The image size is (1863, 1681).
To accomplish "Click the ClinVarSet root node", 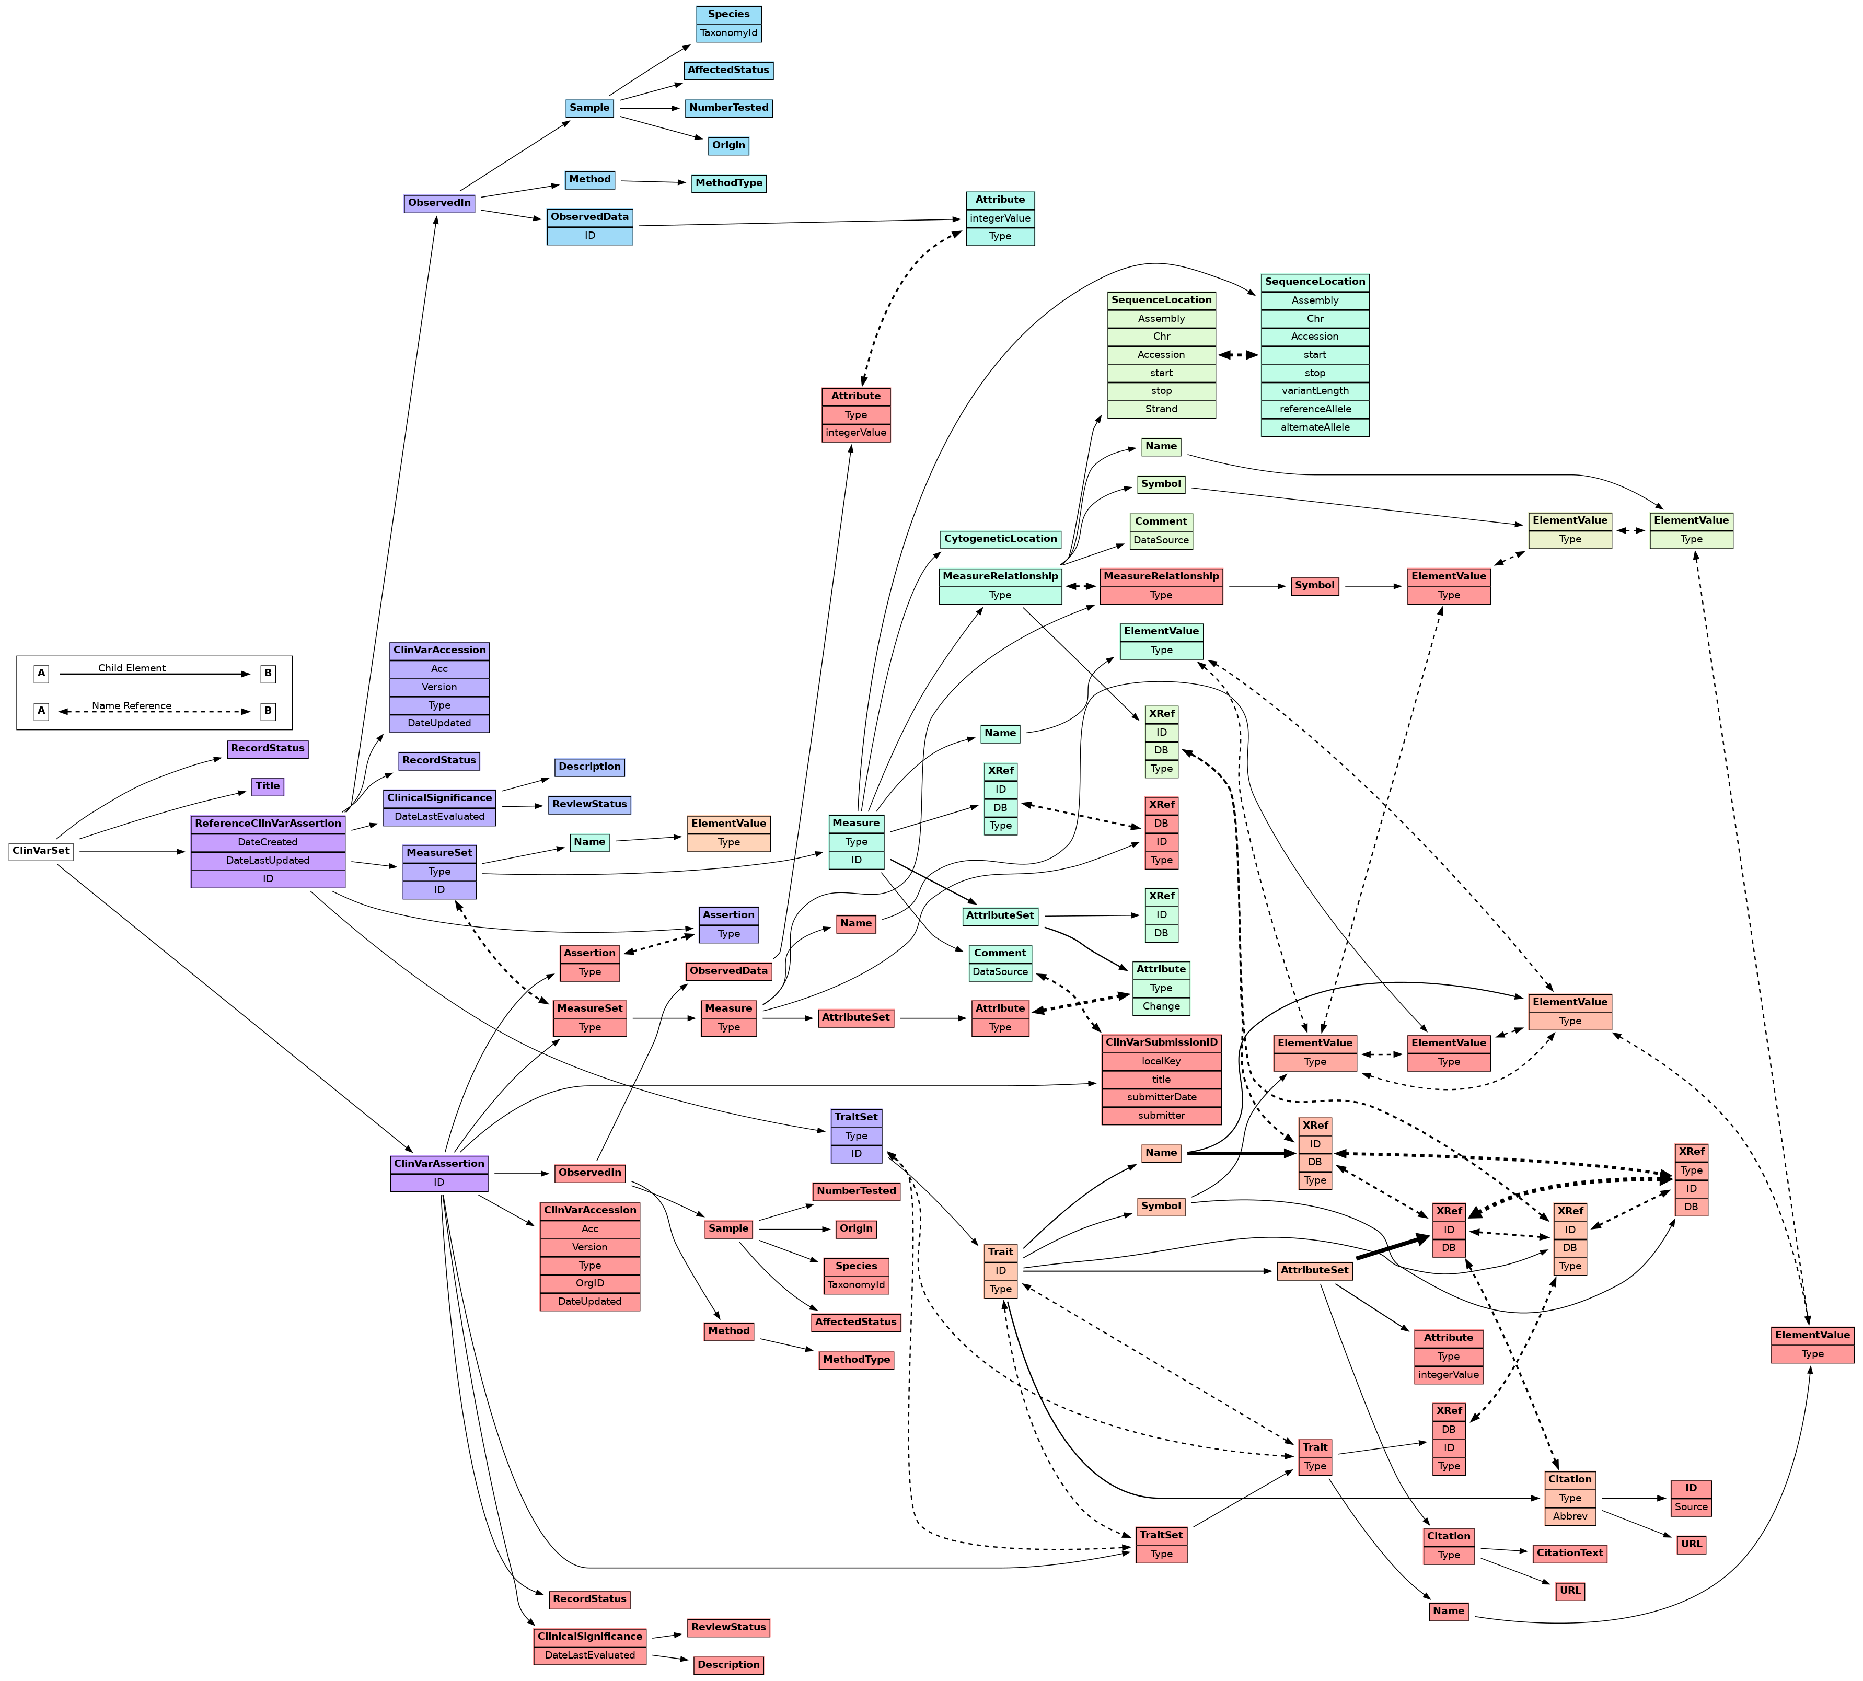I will point(41,851).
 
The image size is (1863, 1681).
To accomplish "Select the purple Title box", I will point(267,786).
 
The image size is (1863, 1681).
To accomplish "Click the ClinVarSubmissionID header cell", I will point(1161,1042).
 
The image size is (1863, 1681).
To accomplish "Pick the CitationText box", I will point(1569,1552).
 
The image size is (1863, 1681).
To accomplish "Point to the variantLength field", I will point(1314,391).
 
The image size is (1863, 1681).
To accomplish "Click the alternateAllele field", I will point(1314,427).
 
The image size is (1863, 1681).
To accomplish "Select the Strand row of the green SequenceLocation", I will point(1161,409).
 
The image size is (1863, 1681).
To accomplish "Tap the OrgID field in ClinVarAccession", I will point(589,1283).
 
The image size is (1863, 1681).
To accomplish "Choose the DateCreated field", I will point(268,841).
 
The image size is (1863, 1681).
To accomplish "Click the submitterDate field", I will point(1161,1097).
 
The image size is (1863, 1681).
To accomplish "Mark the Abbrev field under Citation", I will point(1569,1516).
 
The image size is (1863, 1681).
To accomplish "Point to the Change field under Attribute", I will point(1161,1006).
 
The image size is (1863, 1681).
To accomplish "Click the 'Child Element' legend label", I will point(132,668).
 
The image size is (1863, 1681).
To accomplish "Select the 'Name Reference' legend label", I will point(132,705).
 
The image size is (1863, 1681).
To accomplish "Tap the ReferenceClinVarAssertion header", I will point(268,823).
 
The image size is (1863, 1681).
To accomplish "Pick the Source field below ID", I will point(1690,1506).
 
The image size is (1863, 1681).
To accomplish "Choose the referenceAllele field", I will point(1314,409).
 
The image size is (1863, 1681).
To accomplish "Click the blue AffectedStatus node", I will point(728,70).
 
